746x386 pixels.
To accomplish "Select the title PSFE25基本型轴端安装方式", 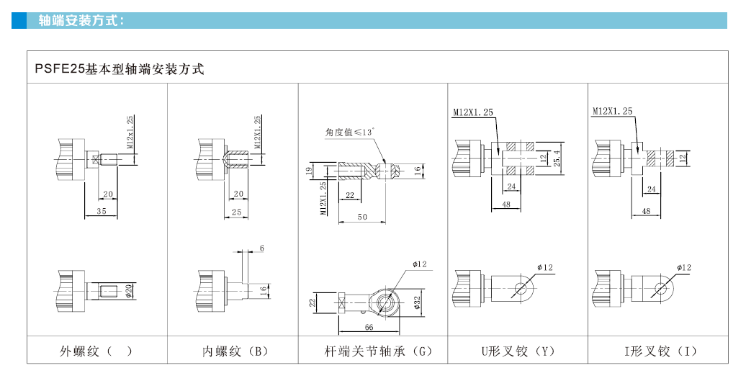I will click(120, 70).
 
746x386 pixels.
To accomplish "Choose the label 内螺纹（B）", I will click(235, 351).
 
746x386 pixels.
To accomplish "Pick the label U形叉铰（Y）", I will click(518, 351).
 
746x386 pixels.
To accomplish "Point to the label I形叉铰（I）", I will click(660, 351).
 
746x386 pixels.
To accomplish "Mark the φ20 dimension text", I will click(129, 291).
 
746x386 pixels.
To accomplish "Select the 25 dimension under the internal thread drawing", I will click(237, 211).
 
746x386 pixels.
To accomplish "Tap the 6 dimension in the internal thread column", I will click(261, 248).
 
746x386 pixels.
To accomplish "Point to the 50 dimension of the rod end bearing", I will click(362, 216).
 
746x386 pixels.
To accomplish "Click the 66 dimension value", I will click(369, 328).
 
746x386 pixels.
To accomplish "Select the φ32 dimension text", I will click(417, 302).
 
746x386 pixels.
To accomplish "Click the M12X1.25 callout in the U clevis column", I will click(473, 112).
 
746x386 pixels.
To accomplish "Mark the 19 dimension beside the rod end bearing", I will click(307, 171).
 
